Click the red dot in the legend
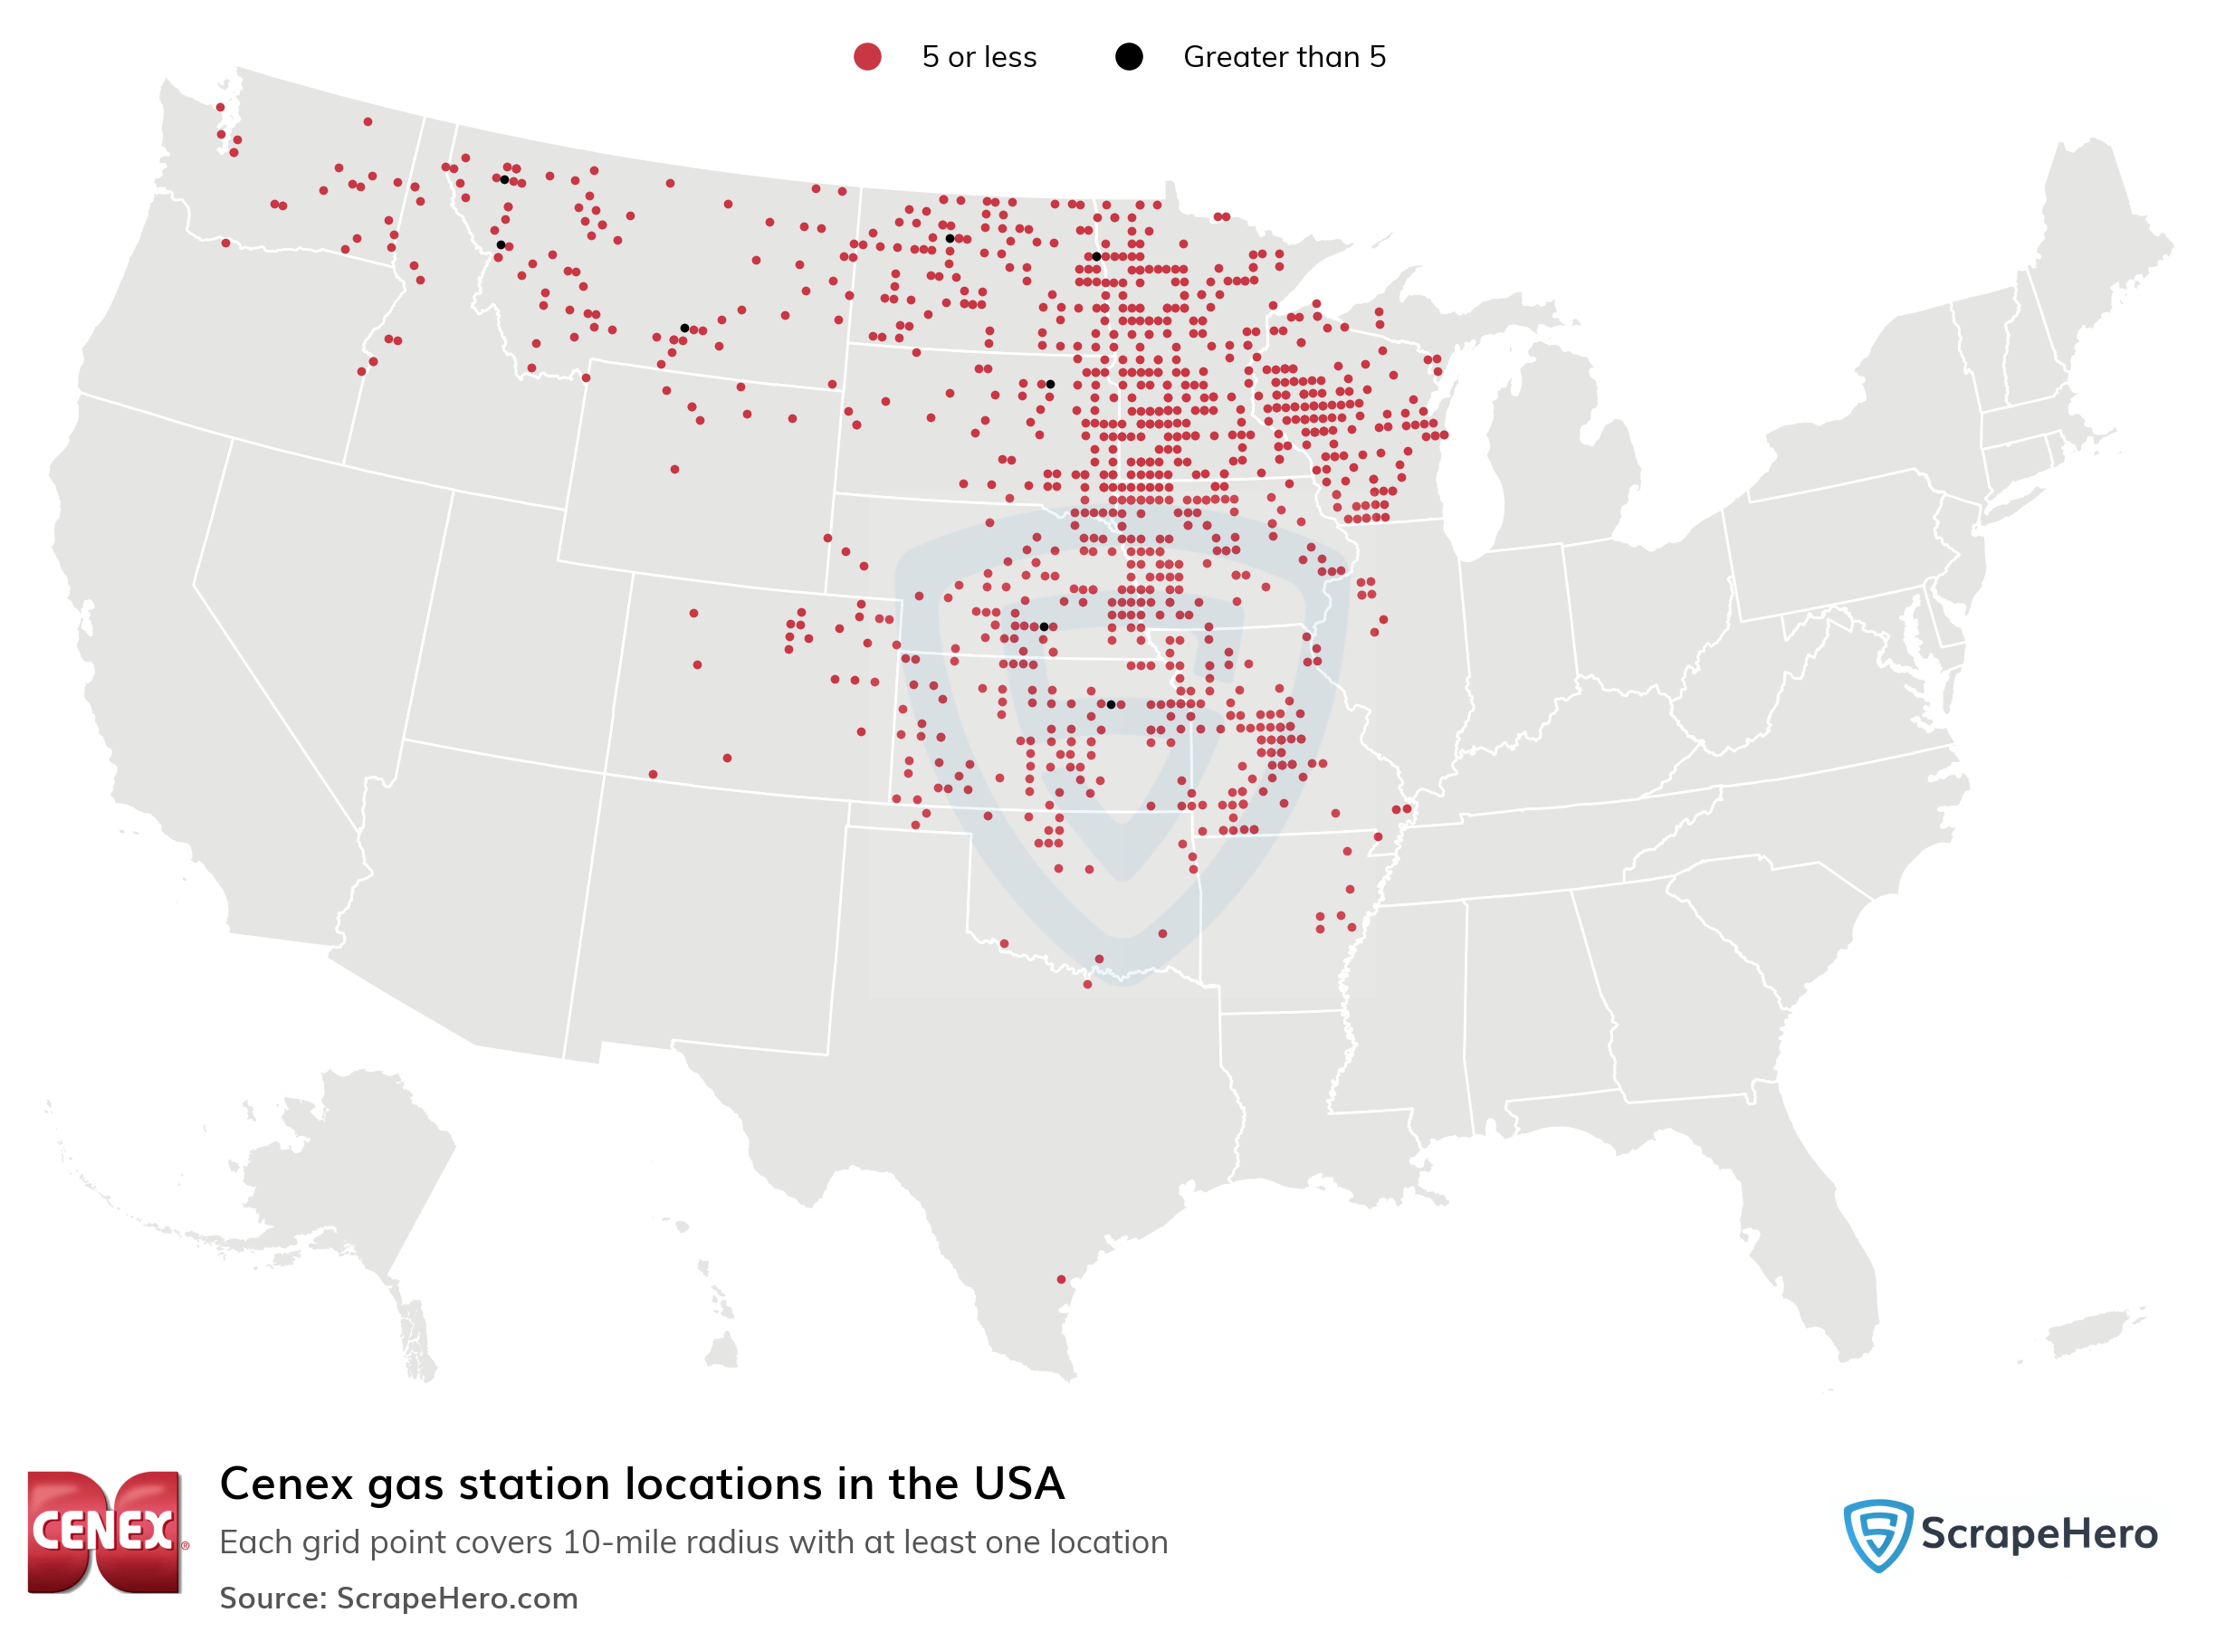click(x=866, y=56)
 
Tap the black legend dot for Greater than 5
click(x=1128, y=56)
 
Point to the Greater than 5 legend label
click(x=1284, y=57)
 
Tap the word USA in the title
click(x=1018, y=1484)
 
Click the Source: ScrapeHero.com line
click(x=398, y=1598)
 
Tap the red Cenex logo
click(x=105, y=1531)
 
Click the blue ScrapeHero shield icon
click(x=1877, y=1533)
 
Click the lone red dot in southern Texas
click(x=1061, y=1279)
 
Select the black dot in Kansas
click(x=1111, y=704)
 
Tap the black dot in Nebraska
click(x=1044, y=626)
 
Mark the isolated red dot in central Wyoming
click(x=673, y=469)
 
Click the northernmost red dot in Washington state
click(x=219, y=107)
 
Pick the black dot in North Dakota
click(x=950, y=238)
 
